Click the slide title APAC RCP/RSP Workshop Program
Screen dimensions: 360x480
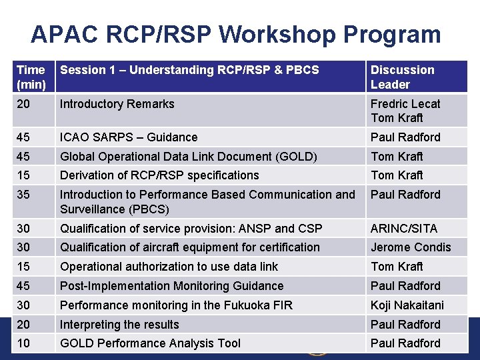pos(235,34)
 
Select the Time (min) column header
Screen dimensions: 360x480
pos(31,77)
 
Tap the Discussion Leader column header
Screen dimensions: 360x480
pos(402,77)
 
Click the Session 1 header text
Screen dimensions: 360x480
pos(189,70)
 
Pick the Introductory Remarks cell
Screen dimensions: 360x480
pos(117,104)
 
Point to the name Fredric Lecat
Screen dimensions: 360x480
pos(405,104)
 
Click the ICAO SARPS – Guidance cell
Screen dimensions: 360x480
pos(129,137)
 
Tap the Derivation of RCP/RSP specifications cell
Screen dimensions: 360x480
pos(159,175)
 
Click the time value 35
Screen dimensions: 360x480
pos(23,195)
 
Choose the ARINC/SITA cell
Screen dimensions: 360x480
pos(404,229)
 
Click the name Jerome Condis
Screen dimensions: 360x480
pos(411,247)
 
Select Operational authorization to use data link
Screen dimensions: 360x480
pos(169,267)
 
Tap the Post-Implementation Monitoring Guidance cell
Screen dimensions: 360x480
pos(171,286)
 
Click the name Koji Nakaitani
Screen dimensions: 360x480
pos(407,305)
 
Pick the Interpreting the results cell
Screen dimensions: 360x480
pos(119,325)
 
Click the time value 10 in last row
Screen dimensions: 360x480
pos(23,343)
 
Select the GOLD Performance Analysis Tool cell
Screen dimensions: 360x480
pos(150,343)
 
